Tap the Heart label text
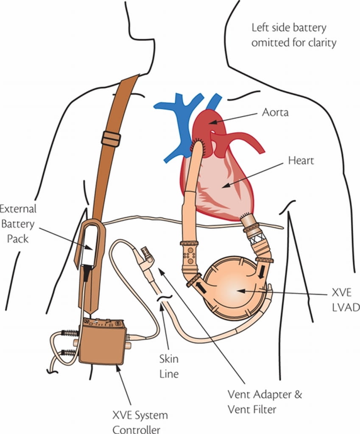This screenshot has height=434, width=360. (301, 161)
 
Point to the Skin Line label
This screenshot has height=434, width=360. (169, 367)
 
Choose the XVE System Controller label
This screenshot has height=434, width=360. (140, 422)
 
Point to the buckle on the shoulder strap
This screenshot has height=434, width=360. (111, 139)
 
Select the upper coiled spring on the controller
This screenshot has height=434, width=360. (69, 333)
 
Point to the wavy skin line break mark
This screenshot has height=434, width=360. (162, 300)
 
